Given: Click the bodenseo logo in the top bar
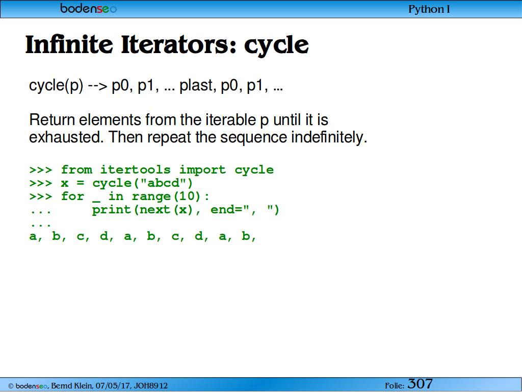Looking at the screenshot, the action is tap(89, 8).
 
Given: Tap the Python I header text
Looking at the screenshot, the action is tap(429, 9).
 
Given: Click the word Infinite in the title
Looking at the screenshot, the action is tap(69, 44).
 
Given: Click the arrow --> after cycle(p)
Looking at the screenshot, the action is tap(97, 86).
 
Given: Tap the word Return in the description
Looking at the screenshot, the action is tap(52, 119).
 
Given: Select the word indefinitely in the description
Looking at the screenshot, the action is tap(327, 137).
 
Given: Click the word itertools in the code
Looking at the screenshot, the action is tap(136, 169).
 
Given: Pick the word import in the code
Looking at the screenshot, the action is tap(202, 170).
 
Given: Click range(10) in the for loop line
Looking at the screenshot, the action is tap(166, 197).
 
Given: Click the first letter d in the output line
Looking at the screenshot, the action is tap(104, 236).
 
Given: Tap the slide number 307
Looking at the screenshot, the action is tap(420, 384).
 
